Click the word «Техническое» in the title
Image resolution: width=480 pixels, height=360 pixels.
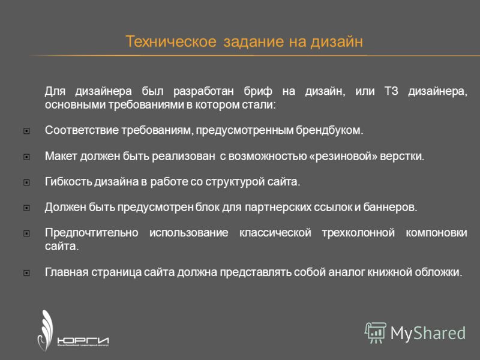point(171,41)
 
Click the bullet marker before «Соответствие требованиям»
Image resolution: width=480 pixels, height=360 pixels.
point(26,131)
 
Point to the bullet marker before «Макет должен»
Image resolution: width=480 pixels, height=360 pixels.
point(26,157)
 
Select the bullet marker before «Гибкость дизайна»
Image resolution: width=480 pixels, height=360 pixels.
point(26,182)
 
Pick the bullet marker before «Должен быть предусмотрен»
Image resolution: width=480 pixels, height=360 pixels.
point(26,208)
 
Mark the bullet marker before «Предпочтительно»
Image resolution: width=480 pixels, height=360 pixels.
point(26,233)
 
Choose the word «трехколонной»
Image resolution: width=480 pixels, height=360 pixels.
point(358,233)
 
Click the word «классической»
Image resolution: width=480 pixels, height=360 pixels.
point(275,233)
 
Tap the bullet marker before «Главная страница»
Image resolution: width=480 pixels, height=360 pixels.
point(26,273)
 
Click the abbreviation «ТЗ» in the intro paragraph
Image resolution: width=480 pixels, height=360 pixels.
point(391,91)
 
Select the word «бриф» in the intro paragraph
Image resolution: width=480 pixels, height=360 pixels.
point(258,91)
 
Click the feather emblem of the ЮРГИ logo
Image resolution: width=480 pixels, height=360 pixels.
point(45,330)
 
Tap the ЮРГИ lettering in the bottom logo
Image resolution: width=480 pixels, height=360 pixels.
point(83,341)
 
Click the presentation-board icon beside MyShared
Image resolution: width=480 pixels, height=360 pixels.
point(376,333)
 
